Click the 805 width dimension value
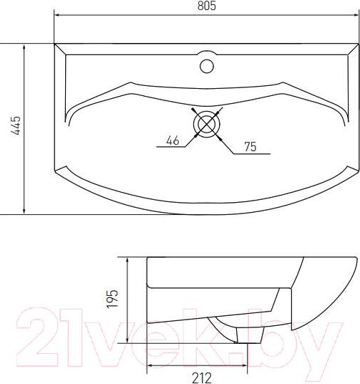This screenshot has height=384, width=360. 206,6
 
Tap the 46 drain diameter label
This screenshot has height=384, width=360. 172,140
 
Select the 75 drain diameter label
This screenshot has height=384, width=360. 250,147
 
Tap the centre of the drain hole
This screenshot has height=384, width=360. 206,123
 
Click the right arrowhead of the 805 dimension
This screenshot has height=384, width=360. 354,15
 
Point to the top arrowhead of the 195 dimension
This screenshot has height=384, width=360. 127,259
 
